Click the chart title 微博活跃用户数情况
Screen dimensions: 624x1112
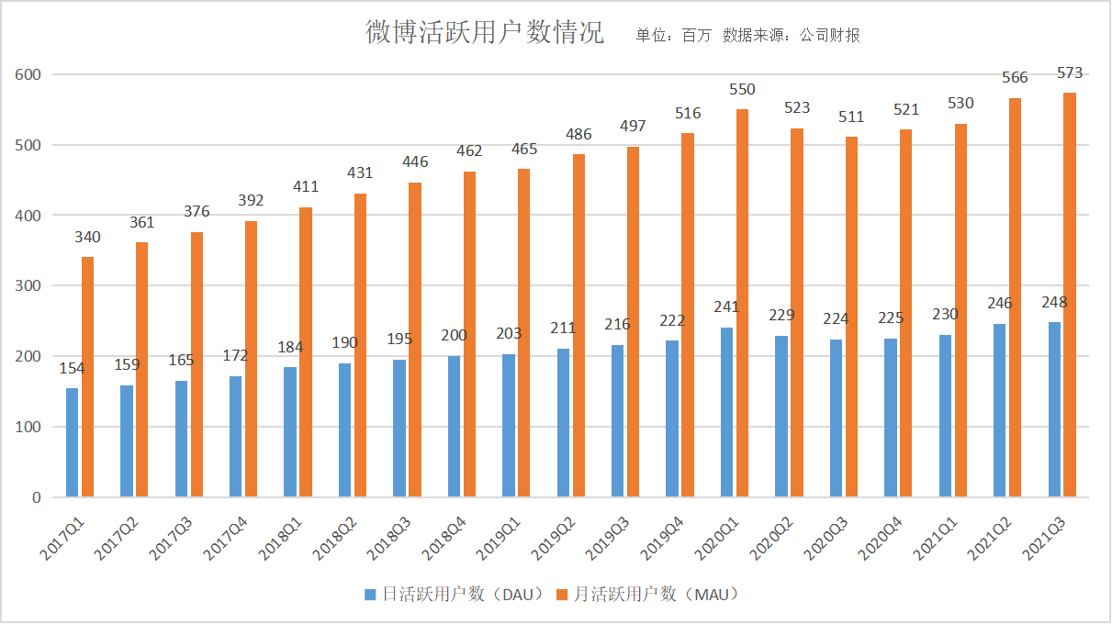pos(485,34)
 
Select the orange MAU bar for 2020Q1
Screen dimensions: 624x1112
pos(743,303)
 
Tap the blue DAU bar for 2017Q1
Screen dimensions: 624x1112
pos(72,442)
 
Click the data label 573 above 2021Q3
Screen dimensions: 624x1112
pos(1070,73)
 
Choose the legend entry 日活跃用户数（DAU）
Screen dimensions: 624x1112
pos(455,594)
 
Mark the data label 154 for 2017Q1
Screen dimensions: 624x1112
pos(72,368)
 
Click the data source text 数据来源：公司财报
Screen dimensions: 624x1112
pos(791,36)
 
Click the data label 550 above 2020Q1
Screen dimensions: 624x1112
pos(742,89)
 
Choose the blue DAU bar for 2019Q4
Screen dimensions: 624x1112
pos(672,418)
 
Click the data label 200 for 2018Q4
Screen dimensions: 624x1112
pos(454,336)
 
